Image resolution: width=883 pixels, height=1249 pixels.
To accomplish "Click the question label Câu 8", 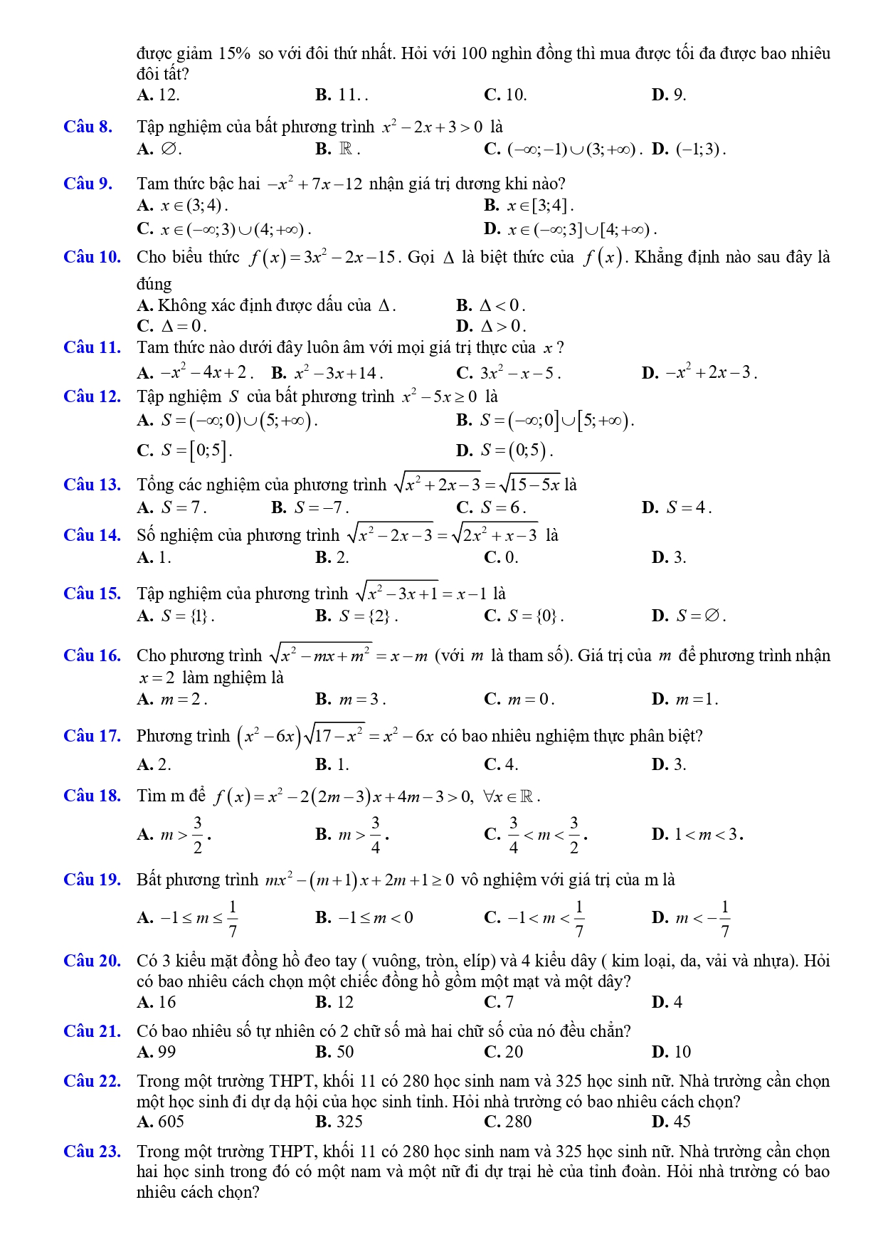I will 88,127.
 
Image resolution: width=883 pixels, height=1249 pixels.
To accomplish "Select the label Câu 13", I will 92,485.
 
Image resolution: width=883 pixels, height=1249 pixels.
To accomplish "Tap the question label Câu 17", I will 92,736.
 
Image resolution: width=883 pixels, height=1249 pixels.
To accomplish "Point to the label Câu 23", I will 92,1151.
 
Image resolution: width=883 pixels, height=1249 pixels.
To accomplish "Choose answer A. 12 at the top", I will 158,95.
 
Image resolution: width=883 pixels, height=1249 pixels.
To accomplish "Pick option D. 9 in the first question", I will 669,95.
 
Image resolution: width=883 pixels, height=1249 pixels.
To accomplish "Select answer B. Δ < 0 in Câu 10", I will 491,306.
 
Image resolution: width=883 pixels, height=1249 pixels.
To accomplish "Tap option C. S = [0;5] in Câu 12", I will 184,450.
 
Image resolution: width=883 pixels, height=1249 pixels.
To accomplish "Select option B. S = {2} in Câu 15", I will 356,616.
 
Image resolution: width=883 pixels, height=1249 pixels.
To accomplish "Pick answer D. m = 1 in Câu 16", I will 684,700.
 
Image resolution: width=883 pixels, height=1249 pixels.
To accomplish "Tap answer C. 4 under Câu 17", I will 501,765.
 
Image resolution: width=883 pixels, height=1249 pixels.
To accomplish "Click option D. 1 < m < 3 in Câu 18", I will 697,834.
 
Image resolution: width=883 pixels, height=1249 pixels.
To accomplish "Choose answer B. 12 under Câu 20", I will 334,1003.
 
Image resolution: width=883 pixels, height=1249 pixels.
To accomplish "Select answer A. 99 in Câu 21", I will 157,1053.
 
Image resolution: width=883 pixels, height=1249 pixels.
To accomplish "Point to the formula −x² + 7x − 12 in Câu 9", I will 314,185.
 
